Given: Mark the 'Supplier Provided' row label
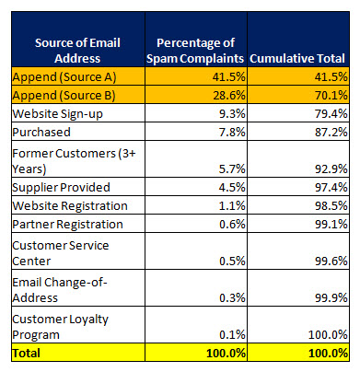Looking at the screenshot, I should pyautogui.click(x=61, y=188).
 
